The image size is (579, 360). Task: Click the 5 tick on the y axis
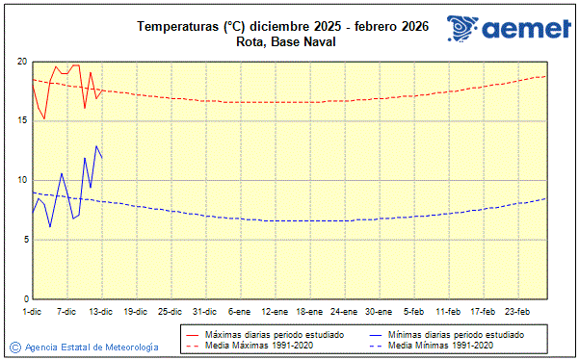(x=24, y=240)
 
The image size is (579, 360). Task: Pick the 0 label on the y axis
(x=24, y=298)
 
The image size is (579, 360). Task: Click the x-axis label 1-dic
(x=32, y=312)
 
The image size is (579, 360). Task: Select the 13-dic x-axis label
(x=101, y=312)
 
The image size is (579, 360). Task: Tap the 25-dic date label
(x=171, y=312)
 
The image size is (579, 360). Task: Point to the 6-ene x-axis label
(x=239, y=312)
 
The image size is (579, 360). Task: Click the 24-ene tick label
(x=343, y=312)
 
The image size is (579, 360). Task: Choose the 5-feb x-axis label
(x=413, y=312)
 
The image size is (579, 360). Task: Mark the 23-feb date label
(x=517, y=312)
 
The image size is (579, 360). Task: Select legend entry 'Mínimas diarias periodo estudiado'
(x=454, y=333)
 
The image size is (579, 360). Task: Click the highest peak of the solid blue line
(x=96, y=145)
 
